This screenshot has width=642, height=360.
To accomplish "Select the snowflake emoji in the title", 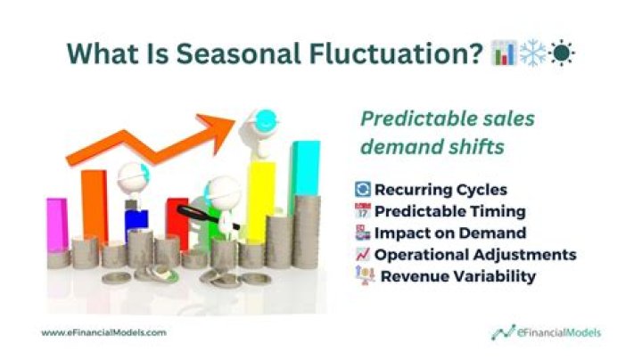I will click(x=534, y=53).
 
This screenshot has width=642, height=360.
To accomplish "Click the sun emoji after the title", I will click(x=564, y=53).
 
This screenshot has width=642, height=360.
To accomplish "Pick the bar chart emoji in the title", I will click(x=505, y=53).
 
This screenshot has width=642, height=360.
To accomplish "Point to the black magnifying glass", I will click(x=192, y=213).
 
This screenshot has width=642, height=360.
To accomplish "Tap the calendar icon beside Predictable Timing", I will click(x=362, y=211).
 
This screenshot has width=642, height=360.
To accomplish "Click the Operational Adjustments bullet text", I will click(x=474, y=255).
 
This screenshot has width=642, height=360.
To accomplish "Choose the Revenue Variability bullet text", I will click(x=458, y=276).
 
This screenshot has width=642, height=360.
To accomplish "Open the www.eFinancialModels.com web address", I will click(x=103, y=332).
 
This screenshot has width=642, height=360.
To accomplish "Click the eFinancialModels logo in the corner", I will click(x=546, y=332).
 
